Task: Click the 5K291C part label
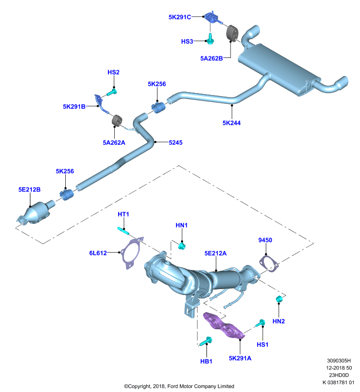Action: (x=180, y=17)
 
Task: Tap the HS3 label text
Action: (x=187, y=41)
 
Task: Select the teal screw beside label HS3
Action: (x=210, y=39)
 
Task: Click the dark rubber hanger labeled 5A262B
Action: (x=232, y=33)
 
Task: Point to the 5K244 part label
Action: (x=231, y=123)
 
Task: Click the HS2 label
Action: (x=113, y=72)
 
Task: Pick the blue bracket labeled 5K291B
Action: (x=102, y=104)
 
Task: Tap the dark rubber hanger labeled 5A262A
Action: (x=116, y=121)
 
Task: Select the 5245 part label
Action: (x=176, y=143)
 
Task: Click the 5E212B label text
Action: (x=29, y=190)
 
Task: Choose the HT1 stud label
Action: (x=123, y=214)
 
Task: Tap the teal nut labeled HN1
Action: (x=181, y=246)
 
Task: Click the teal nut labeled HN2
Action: (x=279, y=299)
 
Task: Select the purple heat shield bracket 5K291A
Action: (x=223, y=325)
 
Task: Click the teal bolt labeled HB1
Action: (x=206, y=341)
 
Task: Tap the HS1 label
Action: (x=262, y=344)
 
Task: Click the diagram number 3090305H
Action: (x=339, y=361)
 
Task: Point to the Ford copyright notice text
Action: (x=179, y=386)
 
